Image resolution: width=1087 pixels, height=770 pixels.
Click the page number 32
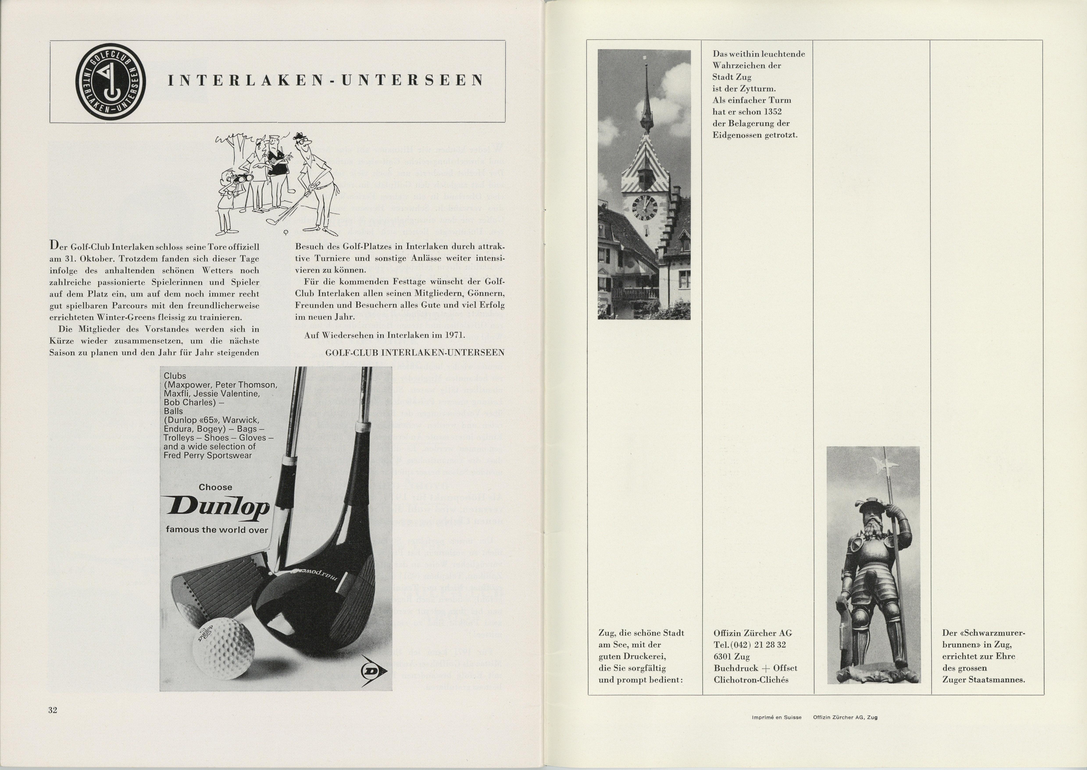tap(53, 710)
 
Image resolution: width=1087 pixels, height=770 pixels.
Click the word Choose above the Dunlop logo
tap(216, 487)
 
